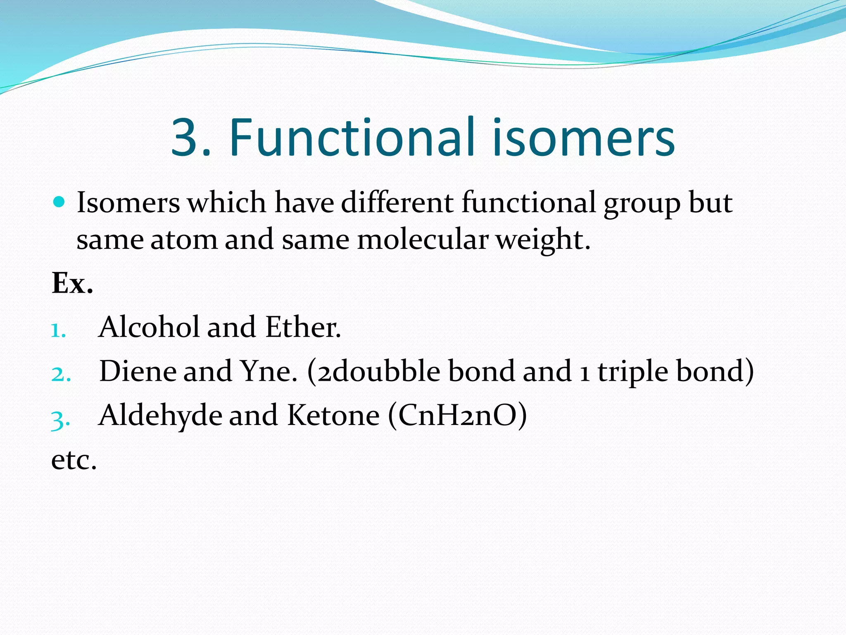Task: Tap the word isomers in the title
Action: coord(583,137)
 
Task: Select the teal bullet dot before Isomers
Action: coord(59,202)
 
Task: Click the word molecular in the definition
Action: coord(422,240)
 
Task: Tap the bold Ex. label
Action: coord(72,284)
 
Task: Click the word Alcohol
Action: coord(149,327)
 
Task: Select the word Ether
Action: coord(302,327)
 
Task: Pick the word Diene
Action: coord(138,371)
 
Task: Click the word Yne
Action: coord(268,371)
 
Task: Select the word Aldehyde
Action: coord(160,415)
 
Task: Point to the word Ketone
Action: coord(333,415)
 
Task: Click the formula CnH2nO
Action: coord(457,415)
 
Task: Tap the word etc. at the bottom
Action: coord(74,460)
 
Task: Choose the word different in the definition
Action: coord(397,202)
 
